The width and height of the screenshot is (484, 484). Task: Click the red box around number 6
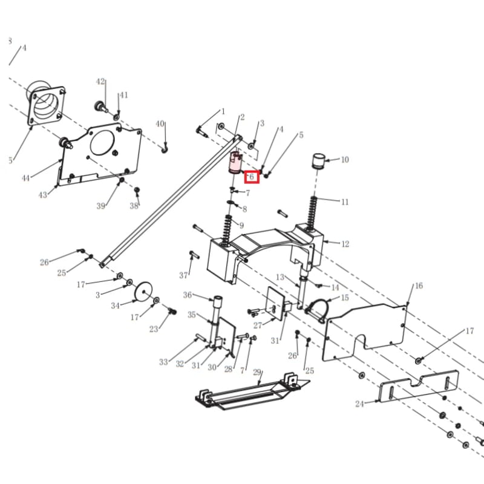[251, 177]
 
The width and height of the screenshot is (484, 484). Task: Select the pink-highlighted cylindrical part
[235, 163]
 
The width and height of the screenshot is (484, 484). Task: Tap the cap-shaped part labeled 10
[318, 162]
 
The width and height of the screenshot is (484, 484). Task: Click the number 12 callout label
[345, 244]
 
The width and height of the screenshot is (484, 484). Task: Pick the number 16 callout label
[418, 286]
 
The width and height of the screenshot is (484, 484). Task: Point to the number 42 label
[100, 82]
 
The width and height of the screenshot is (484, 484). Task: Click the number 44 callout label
[25, 178]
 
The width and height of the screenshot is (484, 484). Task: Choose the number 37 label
[184, 275]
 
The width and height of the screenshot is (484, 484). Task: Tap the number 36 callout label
[188, 295]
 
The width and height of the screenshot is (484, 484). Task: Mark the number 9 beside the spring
[241, 226]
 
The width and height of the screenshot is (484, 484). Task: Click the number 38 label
[134, 206]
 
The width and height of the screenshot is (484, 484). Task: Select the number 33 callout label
[163, 362]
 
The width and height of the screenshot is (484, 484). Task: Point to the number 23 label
[154, 329]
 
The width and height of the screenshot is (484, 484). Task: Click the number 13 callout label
[280, 277]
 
